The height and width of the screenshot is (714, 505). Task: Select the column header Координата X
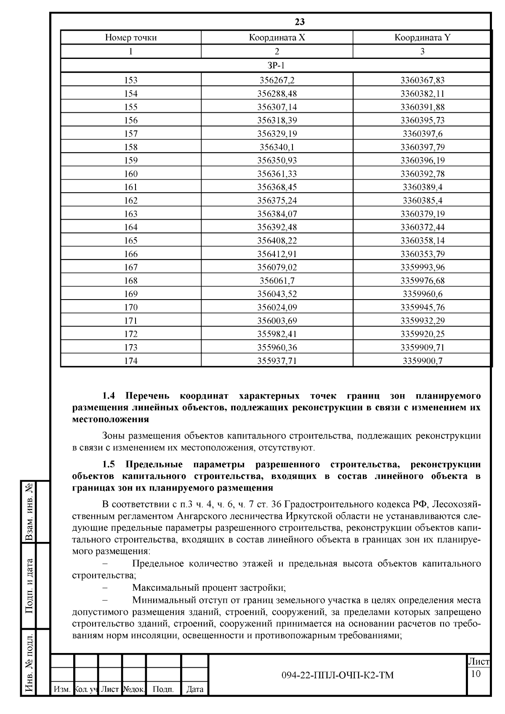pyautogui.click(x=276, y=37)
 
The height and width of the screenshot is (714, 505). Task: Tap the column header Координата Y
pyautogui.click(x=422, y=37)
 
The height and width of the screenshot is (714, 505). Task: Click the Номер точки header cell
pyautogui.click(x=131, y=37)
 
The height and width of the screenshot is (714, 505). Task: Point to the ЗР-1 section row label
pyautogui.click(x=276, y=65)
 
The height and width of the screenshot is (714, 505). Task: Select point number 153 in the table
pyautogui.click(x=131, y=80)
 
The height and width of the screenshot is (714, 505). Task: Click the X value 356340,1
pyautogui.click(x=276, y=147)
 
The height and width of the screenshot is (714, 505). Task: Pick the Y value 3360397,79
pyautogui.click(x=422, y=147)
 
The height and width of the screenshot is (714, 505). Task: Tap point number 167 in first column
pyautogui.click(x=131, y=267)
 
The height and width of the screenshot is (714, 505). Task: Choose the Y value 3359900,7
pyautogui.click(x=422, y=361)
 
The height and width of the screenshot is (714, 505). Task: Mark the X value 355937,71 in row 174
pyautogui.click(x=276, y=361)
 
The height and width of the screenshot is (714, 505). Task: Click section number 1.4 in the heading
pyautogui.click(x=109, y=396)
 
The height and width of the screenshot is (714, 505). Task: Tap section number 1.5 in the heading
pyautogui.click(x=109, y=464)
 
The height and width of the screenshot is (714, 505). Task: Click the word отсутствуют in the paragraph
pyautogui.click(x=289, y=447)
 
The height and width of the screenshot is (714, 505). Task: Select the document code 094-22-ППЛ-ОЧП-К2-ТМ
pyautogui.click(x=338, y=675)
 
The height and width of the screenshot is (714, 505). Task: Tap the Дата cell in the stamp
pyautogui.click(x=195, y=689)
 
